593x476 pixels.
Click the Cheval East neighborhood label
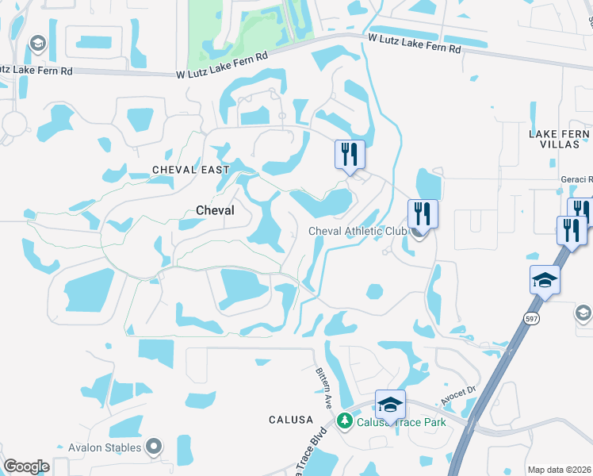[x=190, y=170]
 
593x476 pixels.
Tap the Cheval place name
[x=215, y=210]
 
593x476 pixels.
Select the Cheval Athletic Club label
[x=357, y=231]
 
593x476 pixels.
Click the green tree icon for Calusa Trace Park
[x=344, y=420]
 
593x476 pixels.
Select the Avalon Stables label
[x=105, y=447]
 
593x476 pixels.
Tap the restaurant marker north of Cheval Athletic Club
[x=350, y=154]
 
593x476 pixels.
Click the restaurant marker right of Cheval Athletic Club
[x=423, y=213]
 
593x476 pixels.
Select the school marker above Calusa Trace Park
[x=390, y=405]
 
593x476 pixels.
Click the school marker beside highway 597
[x=545, y=279]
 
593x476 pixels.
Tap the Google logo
[x=26, y=466]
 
